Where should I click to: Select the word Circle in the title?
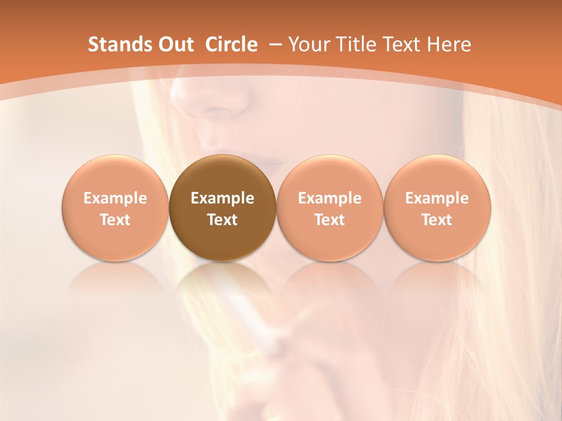(231, 44)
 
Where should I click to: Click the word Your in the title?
(307, 44)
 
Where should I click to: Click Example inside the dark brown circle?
(222, 198)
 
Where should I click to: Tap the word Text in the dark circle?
(222, 220)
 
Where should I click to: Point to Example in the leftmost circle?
(115, 198)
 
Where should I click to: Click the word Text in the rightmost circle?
(437, 220)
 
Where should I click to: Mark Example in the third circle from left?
(330, 198)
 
